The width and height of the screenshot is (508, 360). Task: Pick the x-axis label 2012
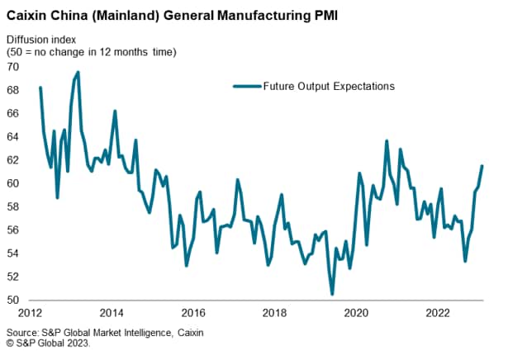coord(31,314)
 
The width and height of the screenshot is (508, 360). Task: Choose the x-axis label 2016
coord(193,314)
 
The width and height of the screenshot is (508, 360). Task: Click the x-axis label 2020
coord(356,314)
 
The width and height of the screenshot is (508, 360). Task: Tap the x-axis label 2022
coord(437,314)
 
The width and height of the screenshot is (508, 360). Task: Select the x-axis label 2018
coord(274,314)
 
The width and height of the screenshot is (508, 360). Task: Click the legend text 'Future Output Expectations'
coord(327,86)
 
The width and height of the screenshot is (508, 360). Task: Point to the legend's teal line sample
coord(245,86)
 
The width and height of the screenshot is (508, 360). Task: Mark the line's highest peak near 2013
coord(78,72)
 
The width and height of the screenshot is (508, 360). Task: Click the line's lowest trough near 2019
coord(332,294)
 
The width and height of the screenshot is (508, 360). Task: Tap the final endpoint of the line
coord(482,166)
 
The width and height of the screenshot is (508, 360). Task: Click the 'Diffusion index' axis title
coord(43,40)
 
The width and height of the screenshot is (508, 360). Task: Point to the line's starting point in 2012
coord(40,88)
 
